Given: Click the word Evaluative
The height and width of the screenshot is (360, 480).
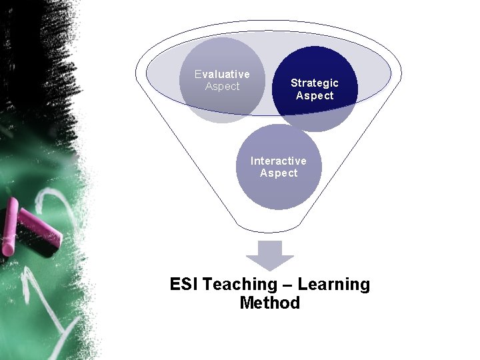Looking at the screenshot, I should [222, 74].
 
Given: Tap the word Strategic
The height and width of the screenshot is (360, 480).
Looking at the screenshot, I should [315, 83].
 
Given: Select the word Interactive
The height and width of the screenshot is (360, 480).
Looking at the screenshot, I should [279, 161].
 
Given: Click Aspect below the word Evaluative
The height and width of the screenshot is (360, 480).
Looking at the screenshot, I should [222, 87].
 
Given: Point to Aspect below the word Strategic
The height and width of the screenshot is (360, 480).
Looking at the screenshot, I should [315, 95].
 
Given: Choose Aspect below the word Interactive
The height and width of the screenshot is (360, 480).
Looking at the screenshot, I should [279, 173].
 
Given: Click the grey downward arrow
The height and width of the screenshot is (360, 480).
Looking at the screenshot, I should [269, 255].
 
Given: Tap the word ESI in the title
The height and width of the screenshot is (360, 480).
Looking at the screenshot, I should [184, 285].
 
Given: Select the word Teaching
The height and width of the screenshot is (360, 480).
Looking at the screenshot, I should [239, 285].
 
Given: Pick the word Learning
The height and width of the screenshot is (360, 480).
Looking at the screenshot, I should [333, 285].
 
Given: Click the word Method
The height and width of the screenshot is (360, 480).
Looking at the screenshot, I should [269, 303].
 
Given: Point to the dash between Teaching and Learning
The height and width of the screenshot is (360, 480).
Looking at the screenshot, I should [287, 285].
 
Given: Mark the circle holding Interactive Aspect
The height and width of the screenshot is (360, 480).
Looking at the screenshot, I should [279, 190].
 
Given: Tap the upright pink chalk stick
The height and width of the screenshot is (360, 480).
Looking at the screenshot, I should [9, 227].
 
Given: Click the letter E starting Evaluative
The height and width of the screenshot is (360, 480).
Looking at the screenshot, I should [198, 74].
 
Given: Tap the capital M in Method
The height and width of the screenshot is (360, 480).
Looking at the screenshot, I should [247, 303].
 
